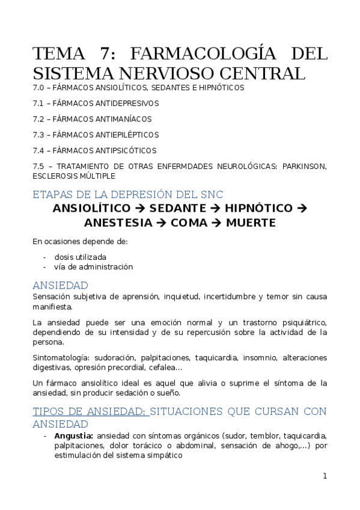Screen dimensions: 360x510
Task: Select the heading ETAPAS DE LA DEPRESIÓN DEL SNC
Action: click(127, 195)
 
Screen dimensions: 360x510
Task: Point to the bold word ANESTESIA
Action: click(118, 223)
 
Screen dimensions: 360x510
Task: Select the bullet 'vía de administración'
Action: click(93, 266)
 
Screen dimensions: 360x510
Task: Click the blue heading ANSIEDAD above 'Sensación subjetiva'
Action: click(60, 285)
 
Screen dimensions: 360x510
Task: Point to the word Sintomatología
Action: click(60, 357)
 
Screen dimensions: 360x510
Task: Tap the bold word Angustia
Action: click(73, 435)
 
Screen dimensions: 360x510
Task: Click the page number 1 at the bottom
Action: click(325, 476)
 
